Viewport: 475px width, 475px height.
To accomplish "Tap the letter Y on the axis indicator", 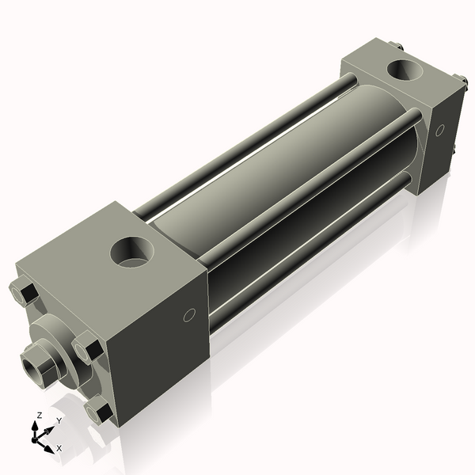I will click(59, 422).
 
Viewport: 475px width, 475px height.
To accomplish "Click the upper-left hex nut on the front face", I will click(24, 294).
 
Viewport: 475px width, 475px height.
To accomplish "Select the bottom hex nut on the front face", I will click(99, 412).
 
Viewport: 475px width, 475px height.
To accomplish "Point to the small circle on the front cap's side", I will click(188, 316).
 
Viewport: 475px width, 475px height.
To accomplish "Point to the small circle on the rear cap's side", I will click(439, 130).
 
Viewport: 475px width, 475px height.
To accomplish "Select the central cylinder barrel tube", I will click(269, 174).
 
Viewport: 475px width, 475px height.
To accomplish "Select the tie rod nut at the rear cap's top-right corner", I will click(458, 78).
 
